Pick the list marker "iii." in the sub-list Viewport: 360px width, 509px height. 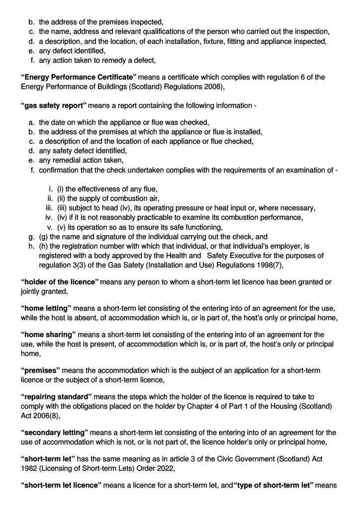[49, 208]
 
